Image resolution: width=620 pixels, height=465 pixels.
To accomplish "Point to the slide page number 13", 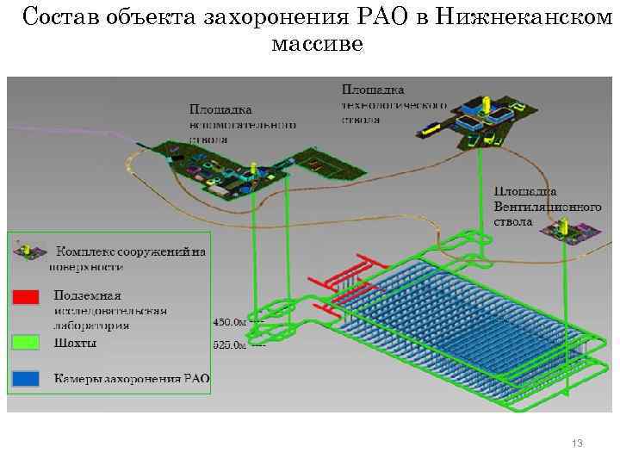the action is [577, 443].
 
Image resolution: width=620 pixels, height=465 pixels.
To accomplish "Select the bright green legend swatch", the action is [26, 342].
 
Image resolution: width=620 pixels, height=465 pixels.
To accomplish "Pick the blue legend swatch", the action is [26, 378].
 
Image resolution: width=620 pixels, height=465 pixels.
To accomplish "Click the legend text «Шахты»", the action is [75, 342].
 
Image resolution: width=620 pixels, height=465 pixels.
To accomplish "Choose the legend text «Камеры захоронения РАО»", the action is [132, 378].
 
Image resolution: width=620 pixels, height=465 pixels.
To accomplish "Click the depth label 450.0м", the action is [228, 322].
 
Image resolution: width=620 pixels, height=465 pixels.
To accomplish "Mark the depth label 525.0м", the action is [228, 345].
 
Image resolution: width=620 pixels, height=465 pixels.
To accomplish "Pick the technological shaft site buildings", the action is [482, 116].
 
